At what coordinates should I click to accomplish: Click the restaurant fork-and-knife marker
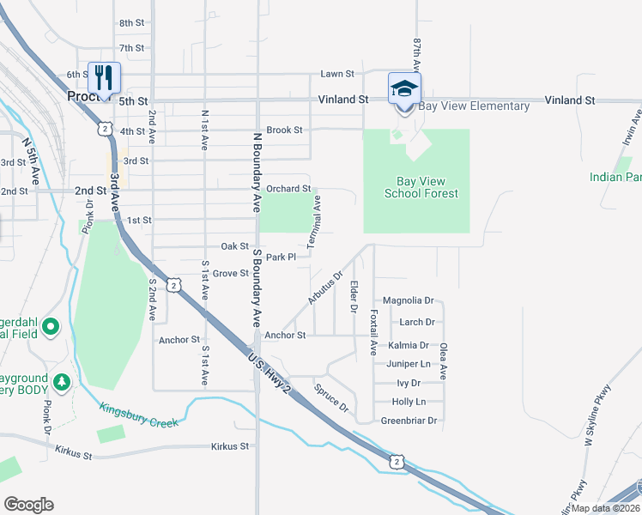coord(104,78)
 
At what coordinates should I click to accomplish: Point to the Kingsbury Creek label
coord(138,416)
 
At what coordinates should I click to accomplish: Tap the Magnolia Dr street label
coord(408,301)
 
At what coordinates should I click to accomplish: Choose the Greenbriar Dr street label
coord(409,421)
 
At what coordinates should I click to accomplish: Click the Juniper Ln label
coord(408,364)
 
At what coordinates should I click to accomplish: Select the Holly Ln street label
coord(408,402)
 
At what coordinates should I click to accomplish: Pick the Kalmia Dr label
coord(408,346)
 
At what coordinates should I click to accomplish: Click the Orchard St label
coord(288,189)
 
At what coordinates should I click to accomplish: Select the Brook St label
coord(284,130)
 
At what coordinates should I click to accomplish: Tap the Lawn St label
coord(337,75)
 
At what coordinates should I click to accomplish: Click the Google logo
coord(28,505)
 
